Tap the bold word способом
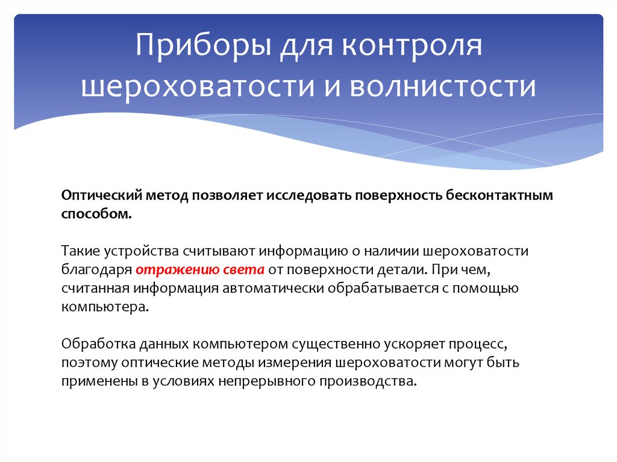95,214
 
